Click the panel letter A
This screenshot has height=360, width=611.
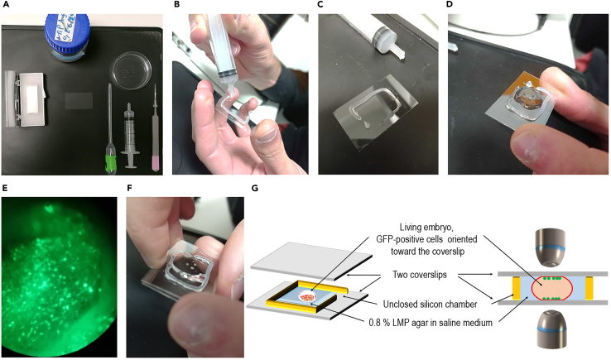pos(6,4)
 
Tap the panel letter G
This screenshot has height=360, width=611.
pos(255,188)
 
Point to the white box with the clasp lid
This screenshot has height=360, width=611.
pos(25,99)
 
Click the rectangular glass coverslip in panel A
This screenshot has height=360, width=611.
pos(79,101)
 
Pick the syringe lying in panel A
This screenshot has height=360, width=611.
pos(130,135)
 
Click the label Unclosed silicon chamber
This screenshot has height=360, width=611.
pos(430,305)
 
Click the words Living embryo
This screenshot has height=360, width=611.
pos(426,227)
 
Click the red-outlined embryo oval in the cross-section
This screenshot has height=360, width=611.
pos(551,288)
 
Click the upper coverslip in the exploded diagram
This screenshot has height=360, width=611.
pos(311,262)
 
